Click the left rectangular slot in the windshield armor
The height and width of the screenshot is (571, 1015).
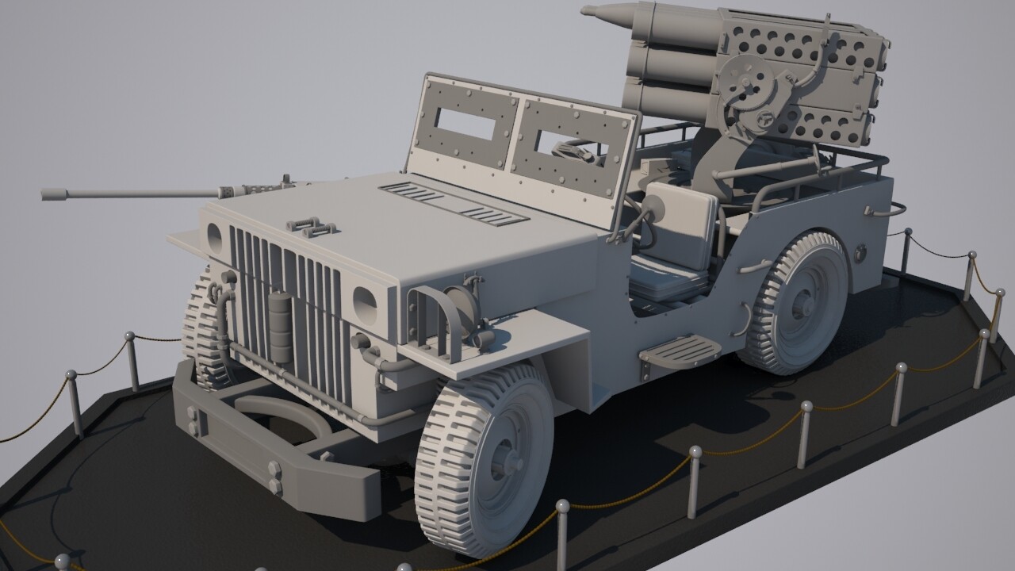[x=465, y=124]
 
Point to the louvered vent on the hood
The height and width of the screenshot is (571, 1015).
[x=453, y=201]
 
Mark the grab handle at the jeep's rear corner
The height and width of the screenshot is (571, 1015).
[x=888, y=210]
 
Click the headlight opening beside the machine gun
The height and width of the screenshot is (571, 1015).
[x=213, y=234]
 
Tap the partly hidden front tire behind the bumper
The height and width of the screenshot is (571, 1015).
[x=202, y=333]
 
